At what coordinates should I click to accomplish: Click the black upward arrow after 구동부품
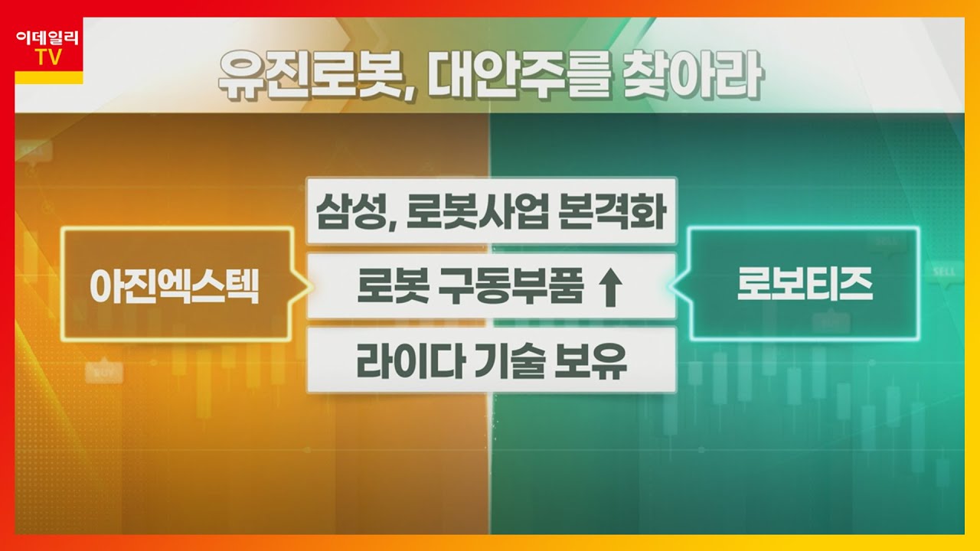click(x=610, y=288)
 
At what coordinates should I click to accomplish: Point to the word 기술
click(x=502, y=362)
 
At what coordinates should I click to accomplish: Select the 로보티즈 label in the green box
click(x=805, y=285)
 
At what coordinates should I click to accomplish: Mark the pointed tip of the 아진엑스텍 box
click(x=309, y=285)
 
